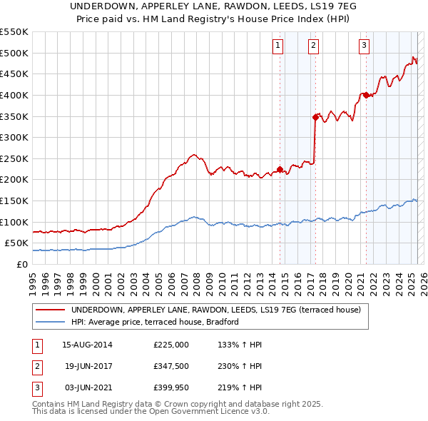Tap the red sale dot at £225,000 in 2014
click(280, 169)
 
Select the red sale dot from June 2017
click(315, 117)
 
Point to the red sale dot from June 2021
click(366, 95)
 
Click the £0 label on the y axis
click(23, 264)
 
